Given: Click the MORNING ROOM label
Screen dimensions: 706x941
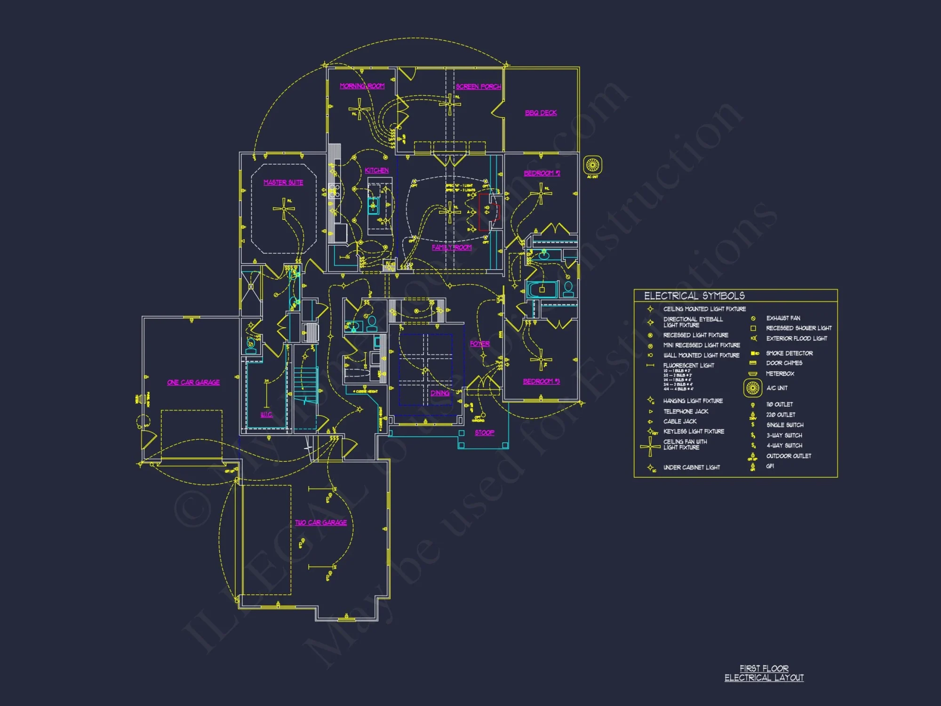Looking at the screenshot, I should click(x=362, y=86).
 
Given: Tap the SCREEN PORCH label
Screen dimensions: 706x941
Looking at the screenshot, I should click(x=478, y=87).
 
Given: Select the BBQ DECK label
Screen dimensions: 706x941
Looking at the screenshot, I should click(x=541, y=113).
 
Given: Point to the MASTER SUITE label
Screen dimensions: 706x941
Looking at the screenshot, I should click(x=283, y=183).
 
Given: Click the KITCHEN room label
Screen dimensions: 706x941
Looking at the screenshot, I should click(x=376, y=170).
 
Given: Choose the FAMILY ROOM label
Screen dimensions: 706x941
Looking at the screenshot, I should click(x=452, y=248).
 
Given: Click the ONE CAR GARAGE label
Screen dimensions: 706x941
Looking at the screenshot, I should click(x=193, y=383).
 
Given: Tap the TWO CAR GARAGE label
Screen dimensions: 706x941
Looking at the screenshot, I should click(x=321, y=523).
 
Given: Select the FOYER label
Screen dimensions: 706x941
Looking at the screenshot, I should click(x=479, y=344).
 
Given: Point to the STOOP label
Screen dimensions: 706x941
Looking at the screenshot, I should click(x=484, y=433).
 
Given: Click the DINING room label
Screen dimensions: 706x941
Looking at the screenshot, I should click(x=440, y=393).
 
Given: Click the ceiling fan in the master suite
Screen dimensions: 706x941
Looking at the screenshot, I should click(x=284, y=209).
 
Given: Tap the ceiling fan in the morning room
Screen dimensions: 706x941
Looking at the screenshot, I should click(x=359, y=109).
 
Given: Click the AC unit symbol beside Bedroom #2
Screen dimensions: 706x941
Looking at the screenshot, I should click(x=592, y=165).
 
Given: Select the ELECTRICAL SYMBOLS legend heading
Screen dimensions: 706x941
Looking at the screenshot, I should click(x=694, y=296).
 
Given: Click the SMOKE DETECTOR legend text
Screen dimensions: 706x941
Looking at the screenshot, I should click(x=789, y=353).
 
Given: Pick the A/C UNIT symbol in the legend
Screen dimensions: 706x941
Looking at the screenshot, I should click(x=753, y=388).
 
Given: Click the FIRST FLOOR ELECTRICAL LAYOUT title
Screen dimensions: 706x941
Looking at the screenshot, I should click(x=764, y=674).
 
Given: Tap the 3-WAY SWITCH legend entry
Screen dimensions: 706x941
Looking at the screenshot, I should click(x=784, y=436).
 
